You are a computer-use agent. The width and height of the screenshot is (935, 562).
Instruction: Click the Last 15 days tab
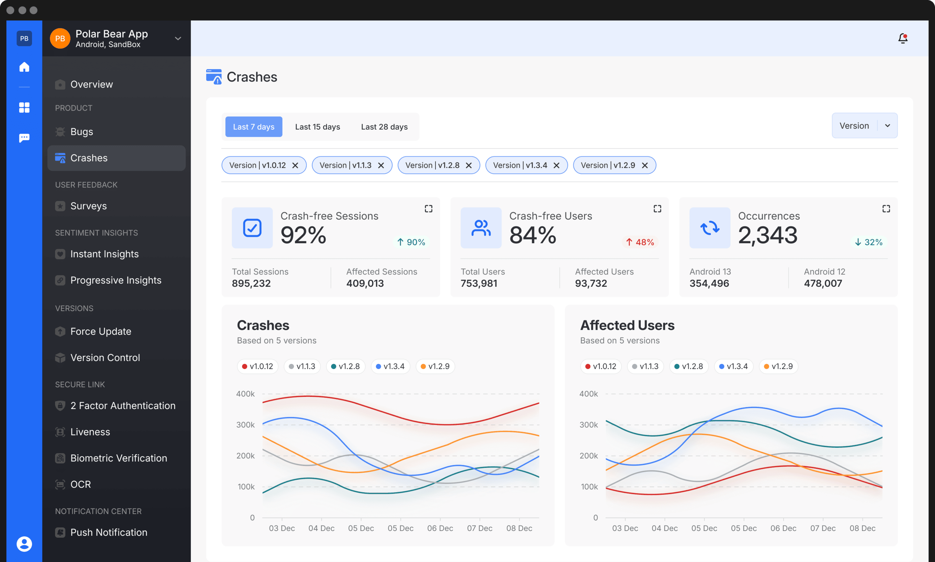(x=318, y=127)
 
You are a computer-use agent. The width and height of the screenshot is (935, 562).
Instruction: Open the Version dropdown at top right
(x=864, y=126)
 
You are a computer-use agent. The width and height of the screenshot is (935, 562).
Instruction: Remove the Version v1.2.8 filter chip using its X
(x=469, y=165)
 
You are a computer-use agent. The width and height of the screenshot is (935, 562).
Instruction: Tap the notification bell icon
(x=903, y=38)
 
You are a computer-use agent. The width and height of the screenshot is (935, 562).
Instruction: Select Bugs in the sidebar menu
(x=82, y=132)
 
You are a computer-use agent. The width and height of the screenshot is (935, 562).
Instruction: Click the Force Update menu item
(x=100, y=331)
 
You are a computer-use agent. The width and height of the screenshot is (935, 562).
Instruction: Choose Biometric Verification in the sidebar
(x=118, y=458)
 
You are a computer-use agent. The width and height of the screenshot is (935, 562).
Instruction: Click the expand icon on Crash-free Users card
(x=657, y=209)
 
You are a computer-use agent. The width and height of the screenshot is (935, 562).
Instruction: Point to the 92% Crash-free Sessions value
(x=303, y=235)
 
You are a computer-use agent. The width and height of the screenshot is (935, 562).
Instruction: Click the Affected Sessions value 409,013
(x=365, y=283)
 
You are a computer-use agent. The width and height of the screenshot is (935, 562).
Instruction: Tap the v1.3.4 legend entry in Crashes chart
(x=390, y=366)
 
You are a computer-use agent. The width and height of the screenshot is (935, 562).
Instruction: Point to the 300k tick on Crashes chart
(x=245, y=425)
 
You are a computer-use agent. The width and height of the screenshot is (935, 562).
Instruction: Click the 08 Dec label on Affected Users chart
(x=862, y=528)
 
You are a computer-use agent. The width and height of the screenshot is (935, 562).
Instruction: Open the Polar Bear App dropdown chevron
(x=178, y=39)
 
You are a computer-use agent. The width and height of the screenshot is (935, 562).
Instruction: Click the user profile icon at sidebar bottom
(x=24, y=544)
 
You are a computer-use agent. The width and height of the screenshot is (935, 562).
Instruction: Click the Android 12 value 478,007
(x=823, y=283)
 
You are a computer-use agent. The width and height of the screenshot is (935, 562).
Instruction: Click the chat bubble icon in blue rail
(x=24, y=138)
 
